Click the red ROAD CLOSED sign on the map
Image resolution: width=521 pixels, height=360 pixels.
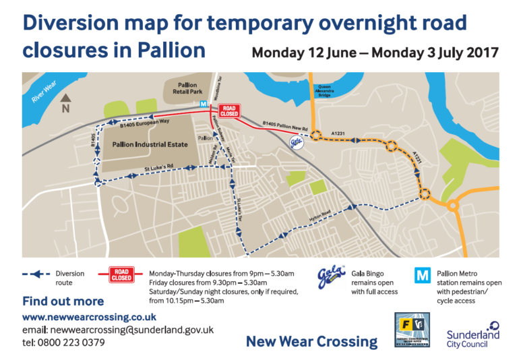pyautogui.click(x=231, y=111)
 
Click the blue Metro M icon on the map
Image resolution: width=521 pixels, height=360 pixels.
pyautogui.click(x=204, y=104)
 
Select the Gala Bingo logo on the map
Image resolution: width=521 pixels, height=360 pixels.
pyautogui.click(x=296, y=142)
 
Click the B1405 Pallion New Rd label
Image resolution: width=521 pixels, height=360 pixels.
pyautogui.click(x=284, y=124)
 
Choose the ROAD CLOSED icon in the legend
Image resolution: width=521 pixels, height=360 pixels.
pyautogui.click(x=122, y=274)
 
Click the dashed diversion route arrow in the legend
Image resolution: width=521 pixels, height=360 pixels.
pyautogui.click(x=37, y=274)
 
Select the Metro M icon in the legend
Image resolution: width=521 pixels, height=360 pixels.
pyautogui.click(x=423, y=275)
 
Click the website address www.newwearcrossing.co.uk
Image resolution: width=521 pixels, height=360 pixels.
pyautogui.click(x=90, y=317)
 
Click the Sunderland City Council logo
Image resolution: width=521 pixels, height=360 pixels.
pyautogui.click(x=472, y=334)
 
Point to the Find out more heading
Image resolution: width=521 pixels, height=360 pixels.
pyautogui.click(x=63, y=301)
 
